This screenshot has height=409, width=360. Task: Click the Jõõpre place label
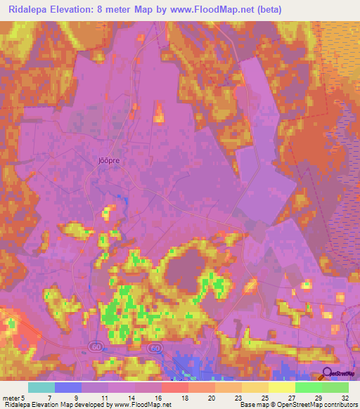(x=103, y=160)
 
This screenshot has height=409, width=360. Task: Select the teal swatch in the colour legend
(x=41, y=387)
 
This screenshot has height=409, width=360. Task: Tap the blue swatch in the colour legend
(x=67, y=387)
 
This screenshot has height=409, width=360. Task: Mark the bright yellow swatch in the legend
(x=281, y=387)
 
